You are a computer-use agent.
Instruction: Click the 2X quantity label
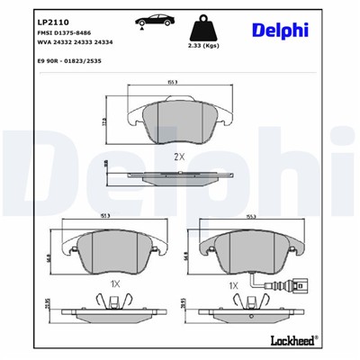pos(179,155)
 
